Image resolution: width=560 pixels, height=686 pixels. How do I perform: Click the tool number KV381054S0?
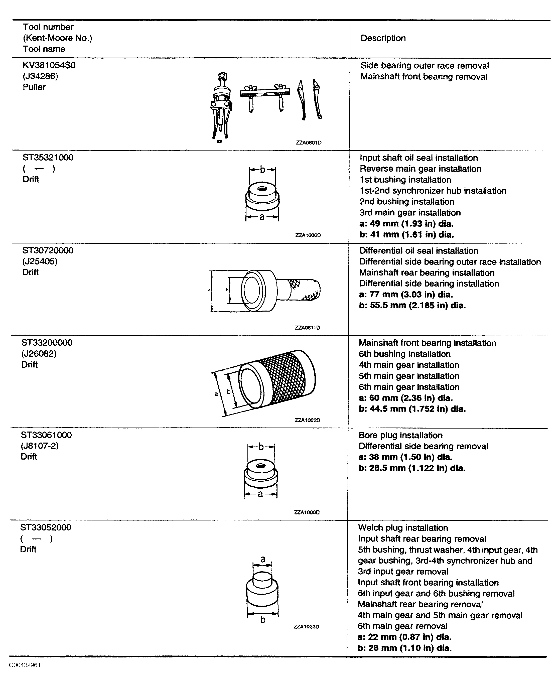click(x=49, y=65)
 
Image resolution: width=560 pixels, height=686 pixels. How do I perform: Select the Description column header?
click(x=383, y=38)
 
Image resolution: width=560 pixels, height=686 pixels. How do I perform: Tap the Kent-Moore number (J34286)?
click(x=40, y=76)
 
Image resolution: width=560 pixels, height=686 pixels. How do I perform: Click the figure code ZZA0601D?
click(x=308, y=143)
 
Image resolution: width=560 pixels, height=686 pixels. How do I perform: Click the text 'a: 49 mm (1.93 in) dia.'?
click(x=406, y=223)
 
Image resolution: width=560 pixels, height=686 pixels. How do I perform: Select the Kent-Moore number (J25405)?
click(x=40, y=261)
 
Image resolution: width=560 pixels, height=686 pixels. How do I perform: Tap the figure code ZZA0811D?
click(x=307, y=328)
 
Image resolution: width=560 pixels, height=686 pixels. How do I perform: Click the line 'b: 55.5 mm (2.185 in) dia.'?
click(x=412, y=305)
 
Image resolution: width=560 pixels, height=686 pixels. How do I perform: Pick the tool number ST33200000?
click(x=47, y=343)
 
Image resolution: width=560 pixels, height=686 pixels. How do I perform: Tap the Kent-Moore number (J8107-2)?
click(x=40, y=446)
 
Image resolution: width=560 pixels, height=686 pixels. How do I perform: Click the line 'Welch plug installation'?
click(x=403, y=528)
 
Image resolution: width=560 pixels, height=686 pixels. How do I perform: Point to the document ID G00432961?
click(x=25, y=665)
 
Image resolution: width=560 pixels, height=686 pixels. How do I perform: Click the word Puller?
click(x=34, y=87)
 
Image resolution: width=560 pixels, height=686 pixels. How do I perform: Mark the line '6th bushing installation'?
click(x=404, y=354)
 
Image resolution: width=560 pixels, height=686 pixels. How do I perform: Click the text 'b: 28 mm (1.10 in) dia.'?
click(x=404, y=648)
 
